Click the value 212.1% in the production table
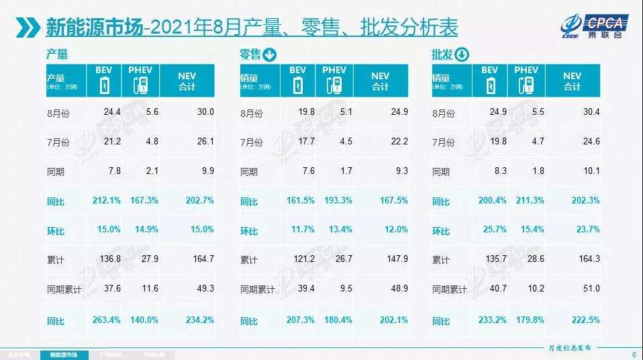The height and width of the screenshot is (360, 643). (x=107, y=200)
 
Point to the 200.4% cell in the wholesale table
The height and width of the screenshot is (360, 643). (x=491, y=200)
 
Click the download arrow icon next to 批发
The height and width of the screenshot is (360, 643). (x=462, y=55)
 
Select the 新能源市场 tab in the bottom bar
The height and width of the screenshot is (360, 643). (x=64, y=354)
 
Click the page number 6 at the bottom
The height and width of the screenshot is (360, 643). (x=634, y=354)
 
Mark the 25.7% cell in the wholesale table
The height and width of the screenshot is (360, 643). (x=493, y=230)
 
